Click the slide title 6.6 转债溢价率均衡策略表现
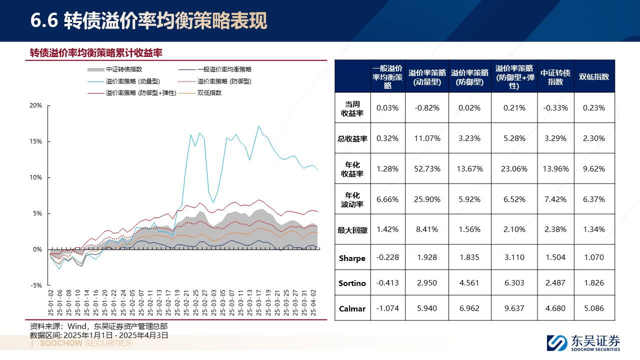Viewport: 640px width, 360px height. pyautogui.click(x=148, y=20)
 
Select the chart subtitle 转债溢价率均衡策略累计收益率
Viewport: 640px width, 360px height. pyautogui.click(x=96, y=53)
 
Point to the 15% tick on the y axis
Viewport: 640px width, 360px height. pyautogui.click(x=36, y=141)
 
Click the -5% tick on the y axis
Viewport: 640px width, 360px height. pyautogui.click(x=36, y=285)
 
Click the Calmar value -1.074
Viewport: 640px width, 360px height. pyautogui.click(x=387, y=308)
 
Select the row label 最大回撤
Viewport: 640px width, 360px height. pyautogui.click(x=352, y=230)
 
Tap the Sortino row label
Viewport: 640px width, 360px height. pyautogui.click(x=352, y=283)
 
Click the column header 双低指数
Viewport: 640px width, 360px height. pyautogui.click(x=594, y=77)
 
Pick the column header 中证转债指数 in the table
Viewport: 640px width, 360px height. pyautogui.click(x=555, y=77)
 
